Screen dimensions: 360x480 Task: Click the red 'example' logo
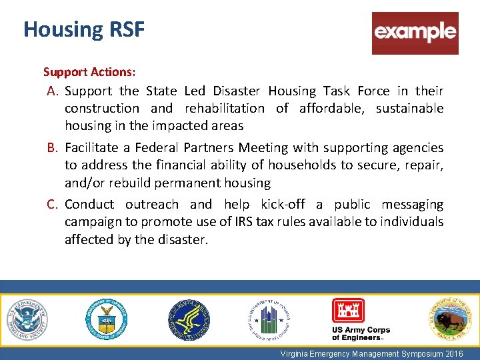pos(415,33)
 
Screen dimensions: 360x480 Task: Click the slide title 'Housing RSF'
pos(83,29)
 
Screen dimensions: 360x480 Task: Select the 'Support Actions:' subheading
pos(89,71)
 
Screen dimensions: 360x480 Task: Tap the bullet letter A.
pos(53,91)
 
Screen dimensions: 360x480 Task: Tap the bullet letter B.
pos(53,148)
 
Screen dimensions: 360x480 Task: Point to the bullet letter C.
pos(53,205)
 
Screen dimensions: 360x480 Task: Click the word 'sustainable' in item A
pos(409,108)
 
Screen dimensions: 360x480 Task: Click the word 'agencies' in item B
pos(417,148)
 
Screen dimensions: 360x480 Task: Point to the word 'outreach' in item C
pos(151,205)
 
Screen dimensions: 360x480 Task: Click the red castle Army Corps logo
pos(348,311)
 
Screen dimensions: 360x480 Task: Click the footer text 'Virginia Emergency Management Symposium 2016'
pos(371,354)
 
